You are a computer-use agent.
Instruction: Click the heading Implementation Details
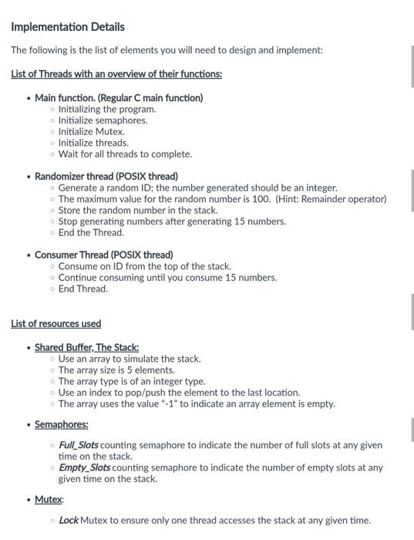pyautogui.click(x=68, y=27)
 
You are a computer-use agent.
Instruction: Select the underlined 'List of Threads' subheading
pyautogui.click(x=116, y=74)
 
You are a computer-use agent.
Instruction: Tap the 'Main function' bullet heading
pyautogui.click(x=119, y=98)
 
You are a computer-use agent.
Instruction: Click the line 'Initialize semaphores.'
pyautogui.click(x=103, y=120)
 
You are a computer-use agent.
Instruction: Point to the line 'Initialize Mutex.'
pyautogui.click(x=91, y=131)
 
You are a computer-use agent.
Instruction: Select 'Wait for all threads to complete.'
pyautogui.click(x=125, y=154)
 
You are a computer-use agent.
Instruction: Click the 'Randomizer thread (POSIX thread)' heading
pyautogui.click(x=106, y=176)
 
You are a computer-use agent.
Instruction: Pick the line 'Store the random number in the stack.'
pyautogui.click(x=138, y=210)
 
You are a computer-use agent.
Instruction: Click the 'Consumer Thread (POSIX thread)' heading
pyautogui.click(x=104, y=255)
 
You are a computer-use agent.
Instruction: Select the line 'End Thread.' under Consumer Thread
pyautogui.click(x=83, y=289)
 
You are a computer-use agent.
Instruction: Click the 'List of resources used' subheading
pyautogui.click(x=56, y=324)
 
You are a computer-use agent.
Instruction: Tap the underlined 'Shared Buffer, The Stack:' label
pyautogui.click(x=87, y=348)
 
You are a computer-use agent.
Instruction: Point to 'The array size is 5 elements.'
pyautogui.click(x=116, y=370)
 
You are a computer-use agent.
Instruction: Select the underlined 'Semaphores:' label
pyautogui.click(x=62, y=424)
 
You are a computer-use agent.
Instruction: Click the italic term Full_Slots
pyautogui.click(x=79, y=445)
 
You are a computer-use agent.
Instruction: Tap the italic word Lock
pyautogui.click(x=68, y=520)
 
